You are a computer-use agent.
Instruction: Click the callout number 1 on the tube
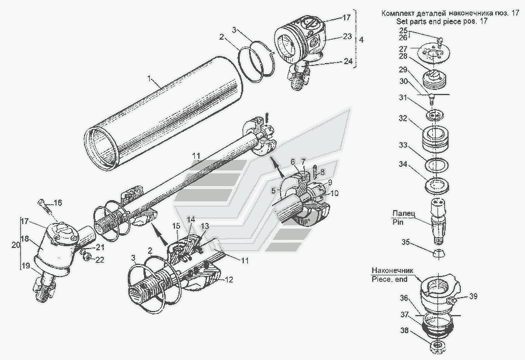pos(150,79)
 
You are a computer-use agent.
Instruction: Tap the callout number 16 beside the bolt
pos(58,202)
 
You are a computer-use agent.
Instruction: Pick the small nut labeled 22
pos(85,255)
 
